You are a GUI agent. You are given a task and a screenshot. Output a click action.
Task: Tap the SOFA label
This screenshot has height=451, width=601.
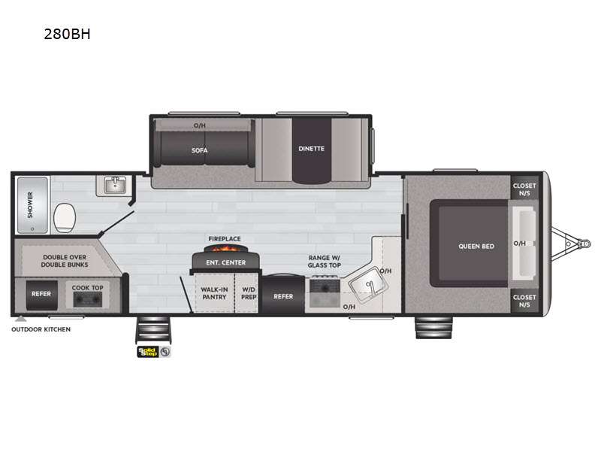pos(199,150)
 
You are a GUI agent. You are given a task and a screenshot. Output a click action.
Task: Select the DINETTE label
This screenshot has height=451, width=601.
pos(311,148)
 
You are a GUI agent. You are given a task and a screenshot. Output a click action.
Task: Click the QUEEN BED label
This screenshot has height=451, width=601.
pos(477,246)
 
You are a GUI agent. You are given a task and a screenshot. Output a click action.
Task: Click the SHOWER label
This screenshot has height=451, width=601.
pos(31,204)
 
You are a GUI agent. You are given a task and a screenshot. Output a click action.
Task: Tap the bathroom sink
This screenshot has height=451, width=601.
pos(114,186)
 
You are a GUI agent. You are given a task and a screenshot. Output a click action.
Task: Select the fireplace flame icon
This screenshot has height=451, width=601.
pos(225,250)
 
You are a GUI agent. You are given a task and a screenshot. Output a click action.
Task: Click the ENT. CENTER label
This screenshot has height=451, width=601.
pos(225,262)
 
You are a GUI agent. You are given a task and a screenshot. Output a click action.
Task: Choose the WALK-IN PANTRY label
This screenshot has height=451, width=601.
pos(214,292)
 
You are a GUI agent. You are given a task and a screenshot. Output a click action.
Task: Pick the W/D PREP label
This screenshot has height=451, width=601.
pos(247,292)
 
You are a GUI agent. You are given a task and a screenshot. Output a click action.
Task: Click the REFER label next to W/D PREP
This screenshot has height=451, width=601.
pos(283,296)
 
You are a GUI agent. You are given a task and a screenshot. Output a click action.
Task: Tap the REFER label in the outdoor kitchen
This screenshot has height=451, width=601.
pos(41,293)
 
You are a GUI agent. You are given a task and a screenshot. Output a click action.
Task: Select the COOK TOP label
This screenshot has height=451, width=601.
pos(86,287)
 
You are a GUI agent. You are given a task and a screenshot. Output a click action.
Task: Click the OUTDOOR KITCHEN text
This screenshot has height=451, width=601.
pos(41,329)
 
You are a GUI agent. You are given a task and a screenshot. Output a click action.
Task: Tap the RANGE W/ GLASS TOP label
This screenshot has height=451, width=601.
pos(325,261)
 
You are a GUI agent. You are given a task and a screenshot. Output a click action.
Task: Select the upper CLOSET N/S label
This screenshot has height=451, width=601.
pos(524,189)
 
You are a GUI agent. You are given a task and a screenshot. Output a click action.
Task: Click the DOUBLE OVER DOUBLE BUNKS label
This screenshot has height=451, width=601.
pos(64,261)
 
